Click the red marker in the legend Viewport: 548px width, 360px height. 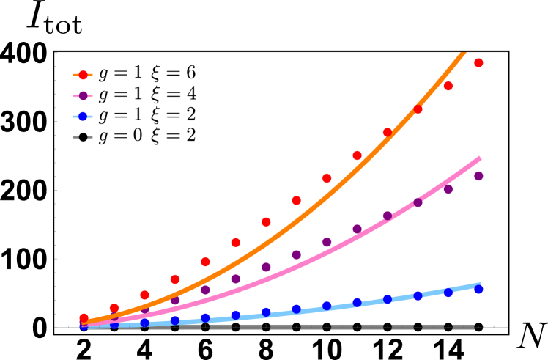pyautogui.click(x=83, y=75)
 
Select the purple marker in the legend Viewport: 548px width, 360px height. pyautogui.click(x=83, y=96)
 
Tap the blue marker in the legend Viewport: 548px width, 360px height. pyautogui.click(x=83, y=117)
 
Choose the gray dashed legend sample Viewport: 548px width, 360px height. pyautogui.click(x=83, y=137)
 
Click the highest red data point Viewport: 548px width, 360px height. pyautogui.click(x=478, y=63)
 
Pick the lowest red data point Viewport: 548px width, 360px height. pyautogui.click(x=84, y=318)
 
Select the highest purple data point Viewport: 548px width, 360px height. pyautogui.click(x=478, y=176)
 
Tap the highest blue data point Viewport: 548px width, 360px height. pyautogui.click(x=478, y=290)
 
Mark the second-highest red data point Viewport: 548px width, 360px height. pyautogui.click(x=448, y=86)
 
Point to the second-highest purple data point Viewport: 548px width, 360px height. pyautogui.click(x=448, y=189)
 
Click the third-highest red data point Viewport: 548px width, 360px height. pyautogui.click(x=418, y=109)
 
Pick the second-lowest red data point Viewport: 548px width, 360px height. pyautogui.click(x=114, y=308)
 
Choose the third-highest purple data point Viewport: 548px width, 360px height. pyautogui.click(x=418, y=203)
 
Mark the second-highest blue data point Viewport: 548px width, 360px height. pyautogui.click(x=448, y=293)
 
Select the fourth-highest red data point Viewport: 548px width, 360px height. pyautogui.click(x=387, y=132)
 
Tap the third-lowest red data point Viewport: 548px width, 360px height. pyautogui.click(x=144, y=295)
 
